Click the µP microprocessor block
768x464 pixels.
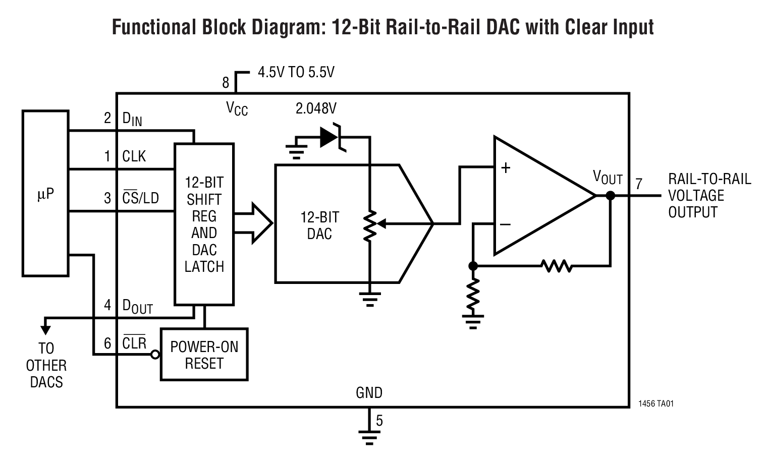point(45,194)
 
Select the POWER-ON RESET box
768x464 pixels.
point(204,355)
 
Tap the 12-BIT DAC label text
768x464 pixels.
point(319,225)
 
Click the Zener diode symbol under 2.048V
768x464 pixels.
point(331,137)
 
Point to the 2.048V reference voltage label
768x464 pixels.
point(316,108)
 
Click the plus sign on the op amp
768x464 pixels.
point(506,168)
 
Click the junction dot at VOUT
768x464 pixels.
point(610,196)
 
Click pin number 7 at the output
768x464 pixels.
point(639,184)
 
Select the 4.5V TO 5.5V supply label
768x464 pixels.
point(296,73)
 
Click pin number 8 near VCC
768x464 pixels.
point(226,82)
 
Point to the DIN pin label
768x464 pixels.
point(132,120)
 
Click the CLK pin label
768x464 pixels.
point(134,156)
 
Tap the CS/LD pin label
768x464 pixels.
point(141,198)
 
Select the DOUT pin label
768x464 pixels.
point(137,306)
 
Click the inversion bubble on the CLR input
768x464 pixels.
point(156,355)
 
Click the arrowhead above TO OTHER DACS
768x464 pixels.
point(46,330)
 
